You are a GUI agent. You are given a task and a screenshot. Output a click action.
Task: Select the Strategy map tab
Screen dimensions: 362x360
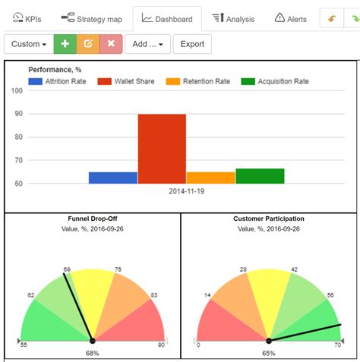point(93,17)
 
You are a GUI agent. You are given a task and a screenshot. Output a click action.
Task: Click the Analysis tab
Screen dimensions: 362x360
point(233,17)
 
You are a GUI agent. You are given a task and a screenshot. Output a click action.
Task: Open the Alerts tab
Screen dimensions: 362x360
point(290,17)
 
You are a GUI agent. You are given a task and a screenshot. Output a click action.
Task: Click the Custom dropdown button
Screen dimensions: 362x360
point(29,44)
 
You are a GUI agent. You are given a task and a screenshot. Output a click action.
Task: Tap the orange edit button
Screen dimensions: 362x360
point(88,44)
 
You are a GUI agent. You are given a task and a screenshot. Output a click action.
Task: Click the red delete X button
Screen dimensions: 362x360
point(111,44)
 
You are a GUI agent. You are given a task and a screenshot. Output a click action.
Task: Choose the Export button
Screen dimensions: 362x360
point(192,44)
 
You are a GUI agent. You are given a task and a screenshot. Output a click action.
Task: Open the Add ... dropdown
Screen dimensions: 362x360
point(147,44)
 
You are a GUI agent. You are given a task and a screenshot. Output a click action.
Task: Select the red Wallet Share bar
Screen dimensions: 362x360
point(162,149)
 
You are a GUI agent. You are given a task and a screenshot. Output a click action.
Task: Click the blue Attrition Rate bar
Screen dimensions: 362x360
point(113,178)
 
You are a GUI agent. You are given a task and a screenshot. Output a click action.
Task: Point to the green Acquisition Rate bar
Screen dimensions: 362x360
point(260,176)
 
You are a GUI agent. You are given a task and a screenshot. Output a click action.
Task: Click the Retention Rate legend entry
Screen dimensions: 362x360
point(202,81)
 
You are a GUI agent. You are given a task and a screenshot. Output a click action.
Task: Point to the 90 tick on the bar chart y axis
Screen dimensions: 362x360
point(17,114)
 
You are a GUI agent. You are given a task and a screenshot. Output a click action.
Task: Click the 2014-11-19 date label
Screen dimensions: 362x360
point(186,191)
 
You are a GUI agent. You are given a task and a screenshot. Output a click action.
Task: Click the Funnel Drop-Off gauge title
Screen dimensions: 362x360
point(93,219)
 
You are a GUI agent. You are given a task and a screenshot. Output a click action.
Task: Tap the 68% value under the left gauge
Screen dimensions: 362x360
point(92,353)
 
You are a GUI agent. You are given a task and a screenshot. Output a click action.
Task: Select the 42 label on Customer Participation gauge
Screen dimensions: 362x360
point(294,269)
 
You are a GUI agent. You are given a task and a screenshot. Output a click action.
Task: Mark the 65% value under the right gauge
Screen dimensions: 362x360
point(269,353)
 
